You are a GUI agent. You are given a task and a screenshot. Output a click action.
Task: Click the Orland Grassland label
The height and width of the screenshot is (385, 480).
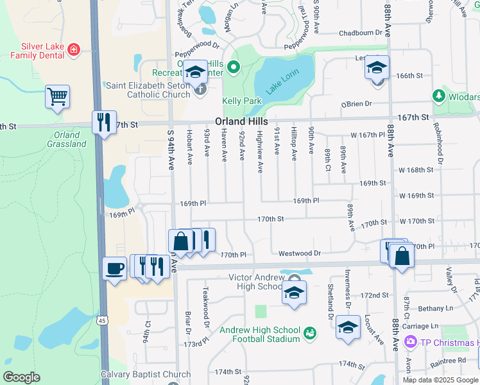pyautogui.click(x=66, y=139)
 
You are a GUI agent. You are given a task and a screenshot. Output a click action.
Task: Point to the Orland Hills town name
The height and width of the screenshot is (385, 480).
pyautogui.click(x=241, y=121)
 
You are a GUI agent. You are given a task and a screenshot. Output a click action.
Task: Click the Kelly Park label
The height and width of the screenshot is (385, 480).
pyautogui.click(x=242, y=101)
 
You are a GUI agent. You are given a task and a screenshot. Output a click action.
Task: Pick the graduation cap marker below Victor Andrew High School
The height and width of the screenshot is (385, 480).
pyautogui.click(x=294, y=293)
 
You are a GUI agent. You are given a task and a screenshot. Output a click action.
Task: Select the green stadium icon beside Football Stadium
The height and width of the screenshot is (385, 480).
pyautogui.click(x=311, y=332)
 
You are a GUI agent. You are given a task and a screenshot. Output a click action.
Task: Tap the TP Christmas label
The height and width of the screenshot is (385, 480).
pyautogui.click(x=449, y=343)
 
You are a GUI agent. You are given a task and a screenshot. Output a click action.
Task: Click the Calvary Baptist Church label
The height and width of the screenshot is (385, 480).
pyautogui.click(x=146, y=374)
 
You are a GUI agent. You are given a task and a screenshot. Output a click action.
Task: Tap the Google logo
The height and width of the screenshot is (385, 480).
pyautogui.click(x=22, y=377)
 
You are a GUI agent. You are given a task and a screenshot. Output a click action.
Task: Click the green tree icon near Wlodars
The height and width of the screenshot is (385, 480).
pyautogui.click(x=439, y=96)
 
